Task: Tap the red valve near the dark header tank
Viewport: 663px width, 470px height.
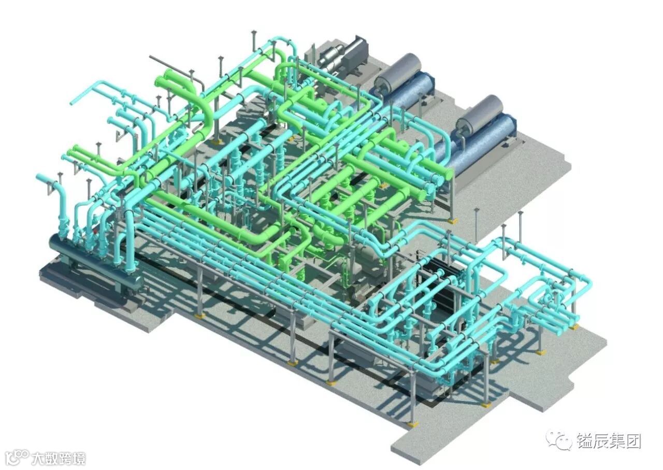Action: tap(95, 230)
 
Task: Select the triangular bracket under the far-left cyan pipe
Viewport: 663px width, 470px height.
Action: tap(50, 189)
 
